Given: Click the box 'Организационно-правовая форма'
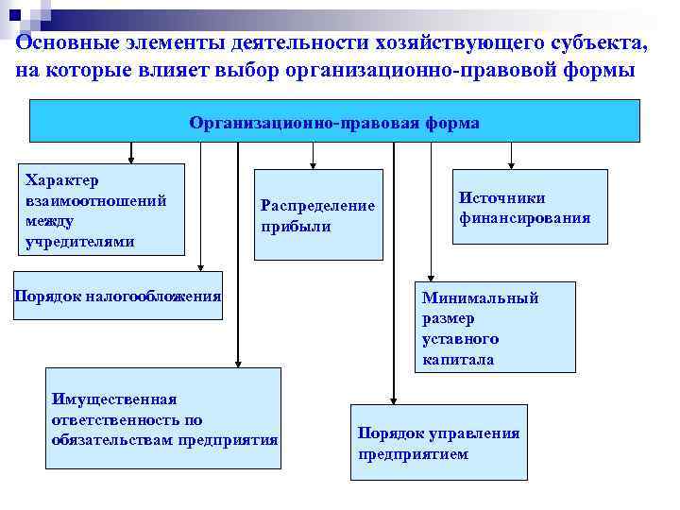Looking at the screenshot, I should pos(334,122).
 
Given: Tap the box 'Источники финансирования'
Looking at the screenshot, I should pos(529,207).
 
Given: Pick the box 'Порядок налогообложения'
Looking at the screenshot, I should pos(117,297).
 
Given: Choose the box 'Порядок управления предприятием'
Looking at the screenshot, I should pos(438,442).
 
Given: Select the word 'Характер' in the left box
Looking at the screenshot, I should pos(62,179).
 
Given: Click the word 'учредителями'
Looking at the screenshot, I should pos(80,242).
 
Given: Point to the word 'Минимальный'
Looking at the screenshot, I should pos(480,298).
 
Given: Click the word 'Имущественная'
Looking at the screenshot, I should pos(113,399).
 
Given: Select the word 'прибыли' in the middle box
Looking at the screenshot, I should pos(296,227).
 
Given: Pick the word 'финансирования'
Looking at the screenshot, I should pos(524,218).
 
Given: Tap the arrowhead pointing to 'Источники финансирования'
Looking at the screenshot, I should pos(511,164).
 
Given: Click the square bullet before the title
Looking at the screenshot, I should pos(15,15).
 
